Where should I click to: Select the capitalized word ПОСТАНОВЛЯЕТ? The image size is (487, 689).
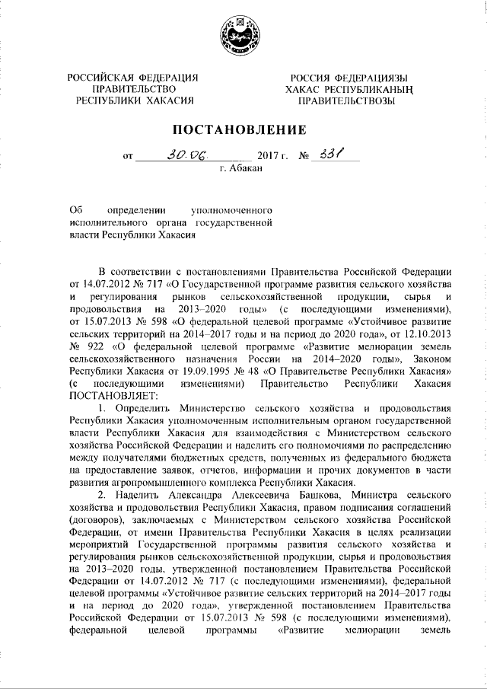point(110,394)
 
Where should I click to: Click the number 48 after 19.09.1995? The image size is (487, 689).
point(247,371)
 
